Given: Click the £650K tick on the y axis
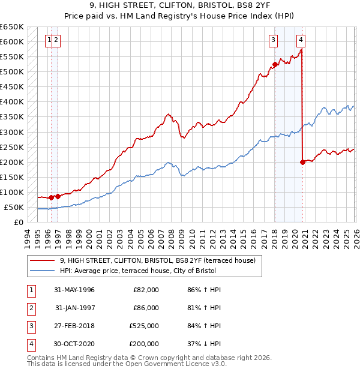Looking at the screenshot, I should click(x=12, y=27).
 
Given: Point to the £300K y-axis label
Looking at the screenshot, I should click(x=12, y=132).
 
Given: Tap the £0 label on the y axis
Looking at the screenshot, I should click(x=18, y=223).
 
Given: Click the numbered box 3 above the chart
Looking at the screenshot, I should click(x=273, y=40).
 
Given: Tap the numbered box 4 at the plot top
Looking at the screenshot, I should click(x=301, y=40).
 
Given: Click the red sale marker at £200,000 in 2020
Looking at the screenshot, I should click(x=302, y=162).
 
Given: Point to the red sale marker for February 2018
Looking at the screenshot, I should click(x=275, y=64).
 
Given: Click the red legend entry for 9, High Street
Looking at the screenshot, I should click(x=158, y=260).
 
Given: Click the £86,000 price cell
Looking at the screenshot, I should click(x=146, y=308).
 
